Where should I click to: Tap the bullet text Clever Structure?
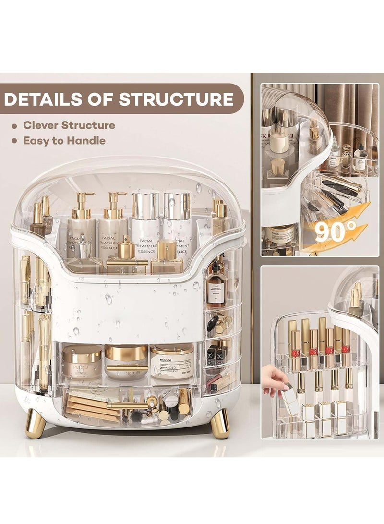point(69,125)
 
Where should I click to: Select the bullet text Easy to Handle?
point(64,141)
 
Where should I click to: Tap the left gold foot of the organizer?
point(35,423)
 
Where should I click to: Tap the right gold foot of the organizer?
point(220,423)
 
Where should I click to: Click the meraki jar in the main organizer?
point(171,361)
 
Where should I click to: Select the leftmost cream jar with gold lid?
point(82,361)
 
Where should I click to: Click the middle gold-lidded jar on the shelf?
point(126,358)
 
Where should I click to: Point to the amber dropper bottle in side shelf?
point(216,288)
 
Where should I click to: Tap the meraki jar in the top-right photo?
point(281,235)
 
